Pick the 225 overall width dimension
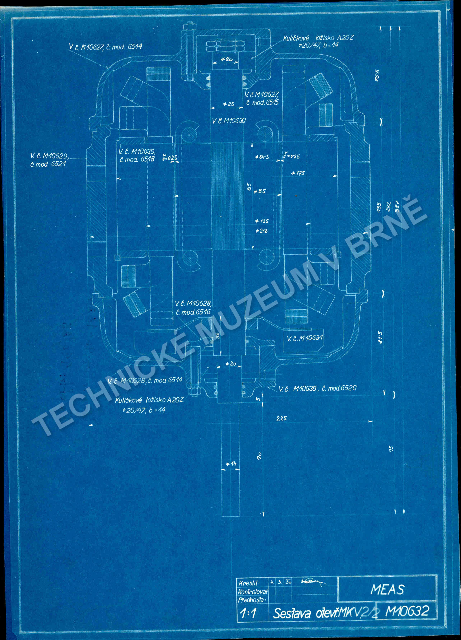point(281,418)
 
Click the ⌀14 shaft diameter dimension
point(231,464)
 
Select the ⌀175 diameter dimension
point(298,173)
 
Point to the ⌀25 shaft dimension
point(229,104)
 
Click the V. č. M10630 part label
point(229,121)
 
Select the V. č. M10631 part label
point(305,338)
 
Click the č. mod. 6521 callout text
point(48,164)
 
